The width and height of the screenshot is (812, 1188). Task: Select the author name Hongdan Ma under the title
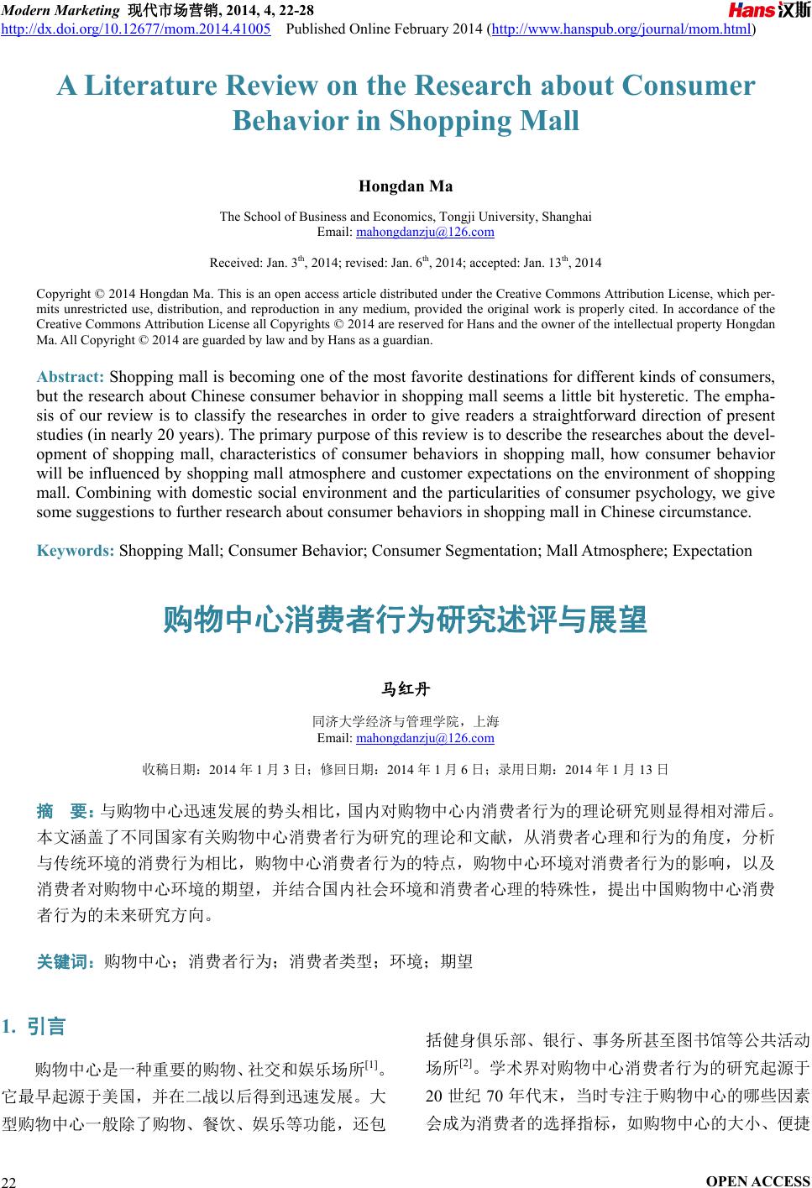pos(406,186)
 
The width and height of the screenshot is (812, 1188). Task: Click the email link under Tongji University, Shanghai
pos(425,232)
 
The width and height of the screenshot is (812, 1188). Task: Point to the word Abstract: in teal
pos(71,375)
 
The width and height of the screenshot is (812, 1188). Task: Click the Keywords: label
pos(76,551)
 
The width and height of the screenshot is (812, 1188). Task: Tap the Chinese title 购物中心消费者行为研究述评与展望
pos(406,620)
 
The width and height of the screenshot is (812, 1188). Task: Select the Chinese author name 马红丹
pos(406,690)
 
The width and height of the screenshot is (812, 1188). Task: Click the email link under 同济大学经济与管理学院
pos(425,738)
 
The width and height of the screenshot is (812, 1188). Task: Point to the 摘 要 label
pos(65,811)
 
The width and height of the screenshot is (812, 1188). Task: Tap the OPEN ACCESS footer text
pos(758,1180)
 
